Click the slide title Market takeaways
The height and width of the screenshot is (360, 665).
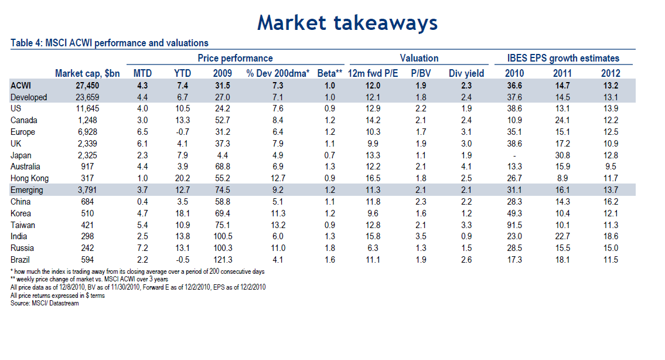click(x=347, y=22)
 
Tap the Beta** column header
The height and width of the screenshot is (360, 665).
click(x=330, y=73)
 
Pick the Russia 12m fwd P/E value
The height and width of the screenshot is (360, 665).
click(x=373, y=248)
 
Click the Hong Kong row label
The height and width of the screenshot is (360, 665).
click(x=29, y=178)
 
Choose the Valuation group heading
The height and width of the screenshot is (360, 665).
click(x=419, y=58)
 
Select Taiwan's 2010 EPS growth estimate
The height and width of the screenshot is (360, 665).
click(x=514, y=225)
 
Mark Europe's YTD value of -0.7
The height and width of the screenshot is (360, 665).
click(x=182, y=132)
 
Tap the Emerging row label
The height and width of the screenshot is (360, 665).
click(x=28, y=190)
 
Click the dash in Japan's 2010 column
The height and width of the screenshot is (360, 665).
click(x=514, y=155)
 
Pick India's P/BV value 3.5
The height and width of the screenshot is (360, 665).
click(x=419, y=236)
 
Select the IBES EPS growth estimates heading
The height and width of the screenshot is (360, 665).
click(x=564, y=58)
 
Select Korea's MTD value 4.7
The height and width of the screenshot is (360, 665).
click(x=142, y=213)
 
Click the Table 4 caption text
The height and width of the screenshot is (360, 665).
click(x=110, y=43)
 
